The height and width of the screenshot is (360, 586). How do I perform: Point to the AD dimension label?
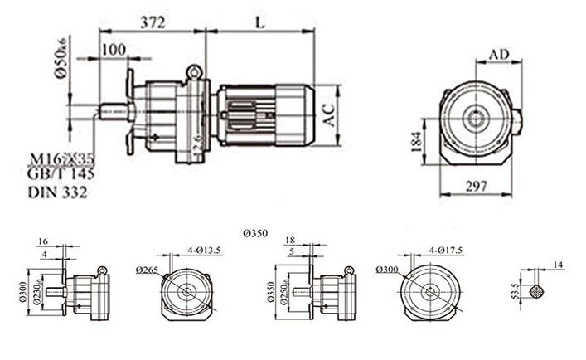499,54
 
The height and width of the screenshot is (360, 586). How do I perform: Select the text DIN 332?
58,192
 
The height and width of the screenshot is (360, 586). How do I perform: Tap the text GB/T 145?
61,175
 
